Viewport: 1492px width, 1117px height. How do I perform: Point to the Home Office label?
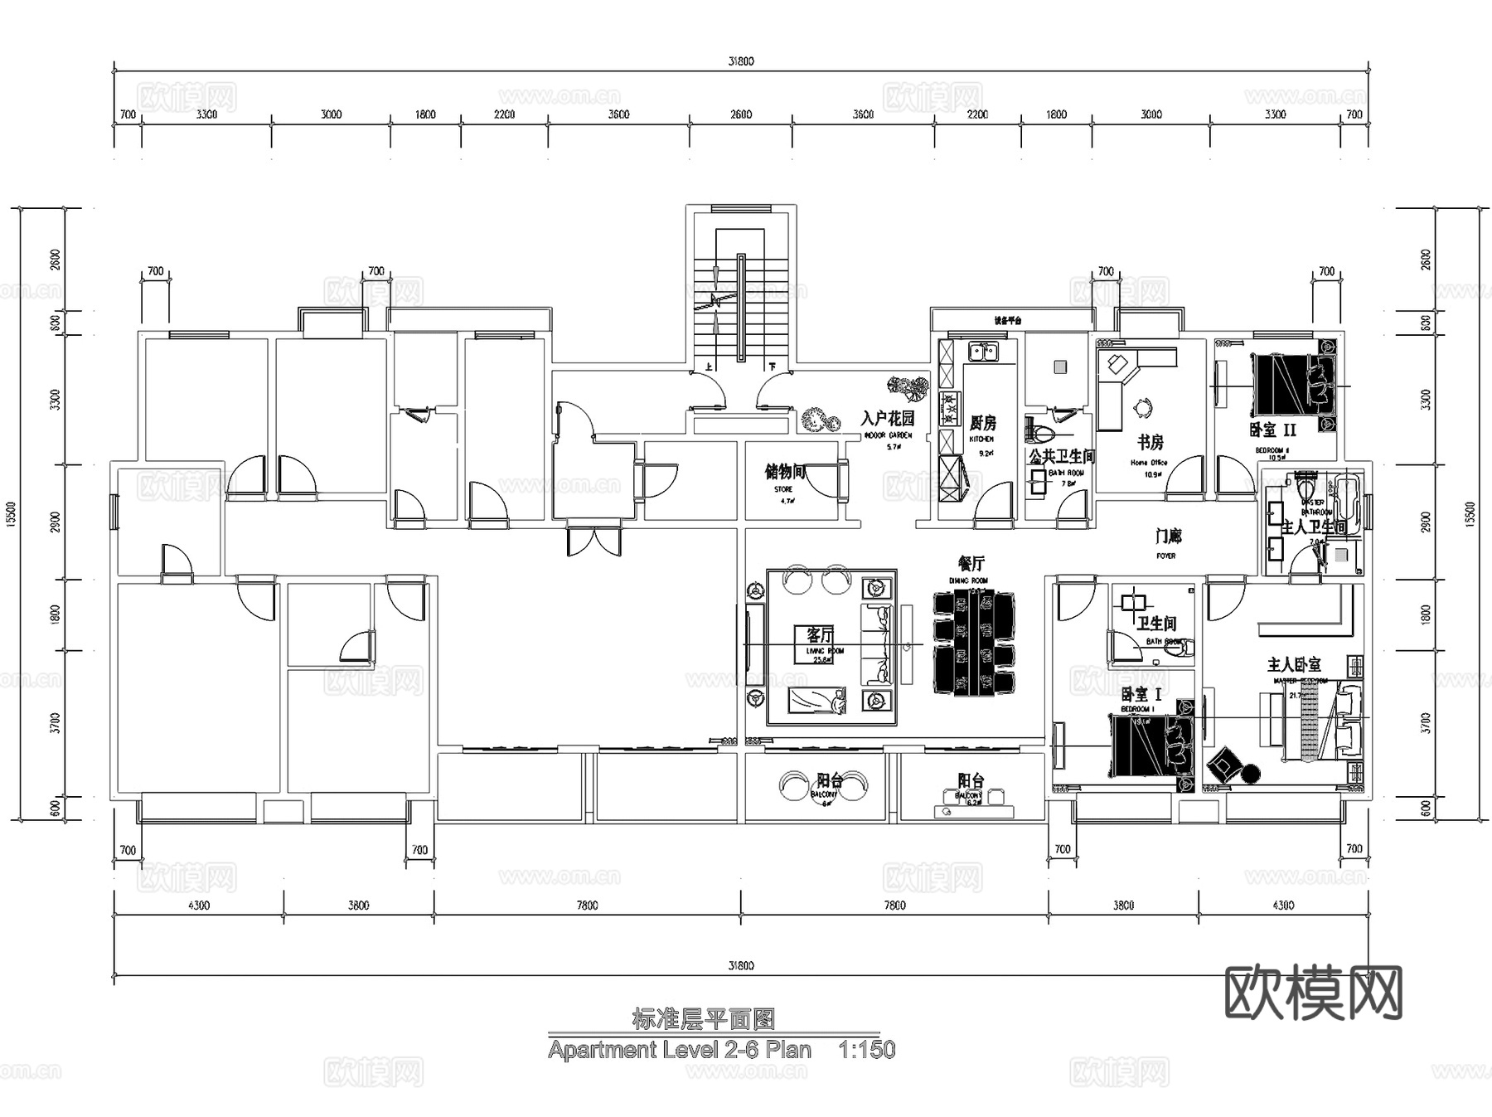coord(1149,463)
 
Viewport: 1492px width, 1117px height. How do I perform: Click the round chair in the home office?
coord(1144,407)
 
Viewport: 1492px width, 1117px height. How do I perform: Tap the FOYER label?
coord(1166,556)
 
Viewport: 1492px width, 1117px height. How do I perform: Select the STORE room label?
coord(784,489)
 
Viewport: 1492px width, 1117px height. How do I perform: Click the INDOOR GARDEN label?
coord(888,435)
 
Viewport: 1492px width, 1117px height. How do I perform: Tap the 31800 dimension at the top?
coord(741,61)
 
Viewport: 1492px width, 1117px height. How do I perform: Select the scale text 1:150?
coord(866,1050)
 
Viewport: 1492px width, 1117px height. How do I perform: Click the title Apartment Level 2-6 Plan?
coord(679,1050)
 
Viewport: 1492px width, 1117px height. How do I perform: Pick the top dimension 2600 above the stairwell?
coord(741,114)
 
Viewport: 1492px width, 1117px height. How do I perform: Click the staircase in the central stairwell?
coord(740,307)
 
